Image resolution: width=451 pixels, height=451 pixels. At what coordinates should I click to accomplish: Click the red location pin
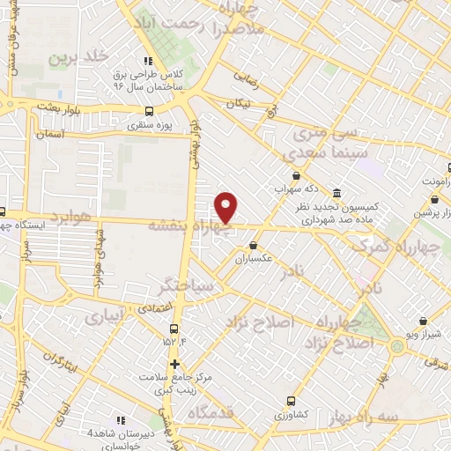[227, 207]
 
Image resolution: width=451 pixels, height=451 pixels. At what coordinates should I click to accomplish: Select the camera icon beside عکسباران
[254, 245]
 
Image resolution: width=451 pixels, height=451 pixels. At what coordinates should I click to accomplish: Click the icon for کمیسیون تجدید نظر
[337, 194]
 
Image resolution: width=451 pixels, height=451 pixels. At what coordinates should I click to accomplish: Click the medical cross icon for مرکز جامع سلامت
[174, 364]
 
